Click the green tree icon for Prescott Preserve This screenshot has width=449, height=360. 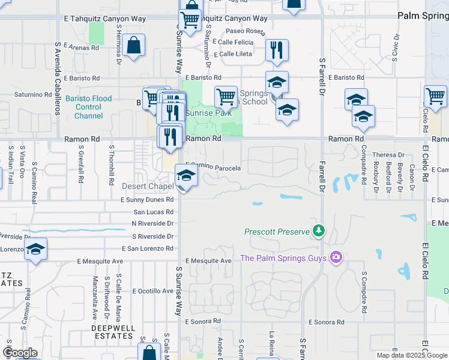pyautogui.click(x=319, y=231)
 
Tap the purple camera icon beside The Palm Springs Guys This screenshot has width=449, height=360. pyautogui.click(x=336, y=257)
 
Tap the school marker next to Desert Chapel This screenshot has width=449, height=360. pyautogui.click(x=186, y=176)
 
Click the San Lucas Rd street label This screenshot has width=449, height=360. pyautogui.click(x=153, y=212)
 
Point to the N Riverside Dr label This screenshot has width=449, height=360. pyautogui.click(x=152, y=223)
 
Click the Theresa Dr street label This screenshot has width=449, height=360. pyautogui.click(x=389, y=155)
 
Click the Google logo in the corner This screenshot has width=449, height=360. pyautogui.click(x=20, y=353)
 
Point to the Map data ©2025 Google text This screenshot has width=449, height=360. pyautogui.click(x=412, y=355)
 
